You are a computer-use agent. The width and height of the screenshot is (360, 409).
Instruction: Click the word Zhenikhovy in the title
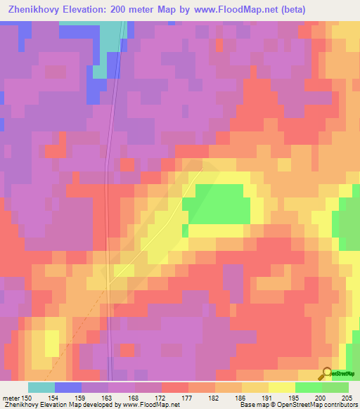pyautogui.click(x=33, y=10)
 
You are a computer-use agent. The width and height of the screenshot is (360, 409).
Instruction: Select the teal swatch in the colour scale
pyautogui.click(x=41, y=387)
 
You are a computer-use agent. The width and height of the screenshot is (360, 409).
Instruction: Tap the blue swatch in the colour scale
pyautogui.click(x=67, y=387)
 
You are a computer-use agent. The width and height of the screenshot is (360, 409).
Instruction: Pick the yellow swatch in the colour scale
pyautogui.click(x=281, y=387)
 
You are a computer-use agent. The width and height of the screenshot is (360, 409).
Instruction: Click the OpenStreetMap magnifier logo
pyautogui.click(x=326, y=373)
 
